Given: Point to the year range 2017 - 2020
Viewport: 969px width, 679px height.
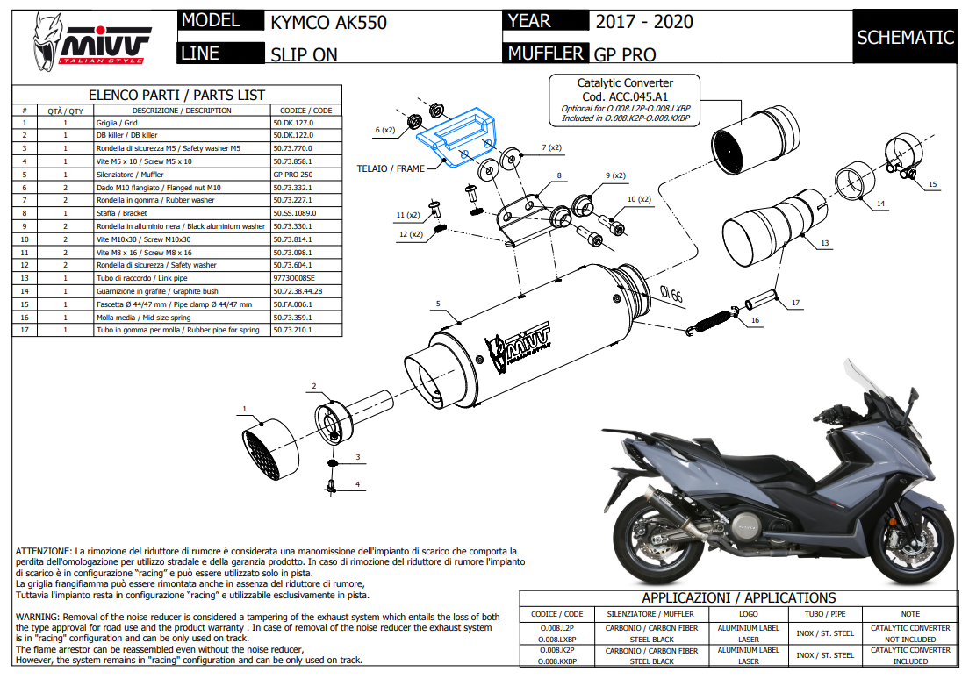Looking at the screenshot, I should (643, 22).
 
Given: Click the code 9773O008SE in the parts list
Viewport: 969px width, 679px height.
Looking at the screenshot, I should (294, 277).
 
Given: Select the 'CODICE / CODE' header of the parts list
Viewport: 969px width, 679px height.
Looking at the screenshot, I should (305, 111).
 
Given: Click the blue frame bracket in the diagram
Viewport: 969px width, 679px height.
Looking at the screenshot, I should (457, 134).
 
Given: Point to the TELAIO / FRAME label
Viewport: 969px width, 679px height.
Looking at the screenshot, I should (391, 168).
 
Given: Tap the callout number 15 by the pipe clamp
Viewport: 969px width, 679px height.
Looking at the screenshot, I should (932, 184).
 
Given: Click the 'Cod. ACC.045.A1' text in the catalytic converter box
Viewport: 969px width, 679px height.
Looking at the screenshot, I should (624, 96).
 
